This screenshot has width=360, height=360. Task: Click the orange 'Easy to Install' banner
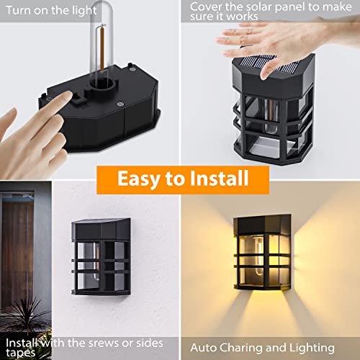click(183, 180)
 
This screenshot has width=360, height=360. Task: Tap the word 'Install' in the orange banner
click(219, 178)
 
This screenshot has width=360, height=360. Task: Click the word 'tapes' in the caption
click(21, 354)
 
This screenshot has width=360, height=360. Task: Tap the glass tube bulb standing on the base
click(102, 41)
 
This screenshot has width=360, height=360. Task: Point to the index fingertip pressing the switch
click(68, 95)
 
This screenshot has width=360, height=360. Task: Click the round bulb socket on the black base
click(104, 84)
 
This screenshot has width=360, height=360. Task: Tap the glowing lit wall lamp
click(262, 253)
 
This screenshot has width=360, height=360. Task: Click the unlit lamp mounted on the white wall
click(101, 257)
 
